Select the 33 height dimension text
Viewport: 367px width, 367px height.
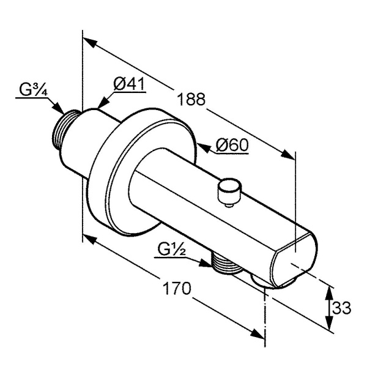coord(343,308)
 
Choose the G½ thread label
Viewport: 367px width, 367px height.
coord(171,250)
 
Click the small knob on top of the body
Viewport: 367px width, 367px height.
coord(229,191)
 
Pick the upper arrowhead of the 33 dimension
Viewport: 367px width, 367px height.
coord(329,289)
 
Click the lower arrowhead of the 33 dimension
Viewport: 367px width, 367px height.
coord(329,328)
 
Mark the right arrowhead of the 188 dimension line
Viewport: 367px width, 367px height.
coord(289,157)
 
